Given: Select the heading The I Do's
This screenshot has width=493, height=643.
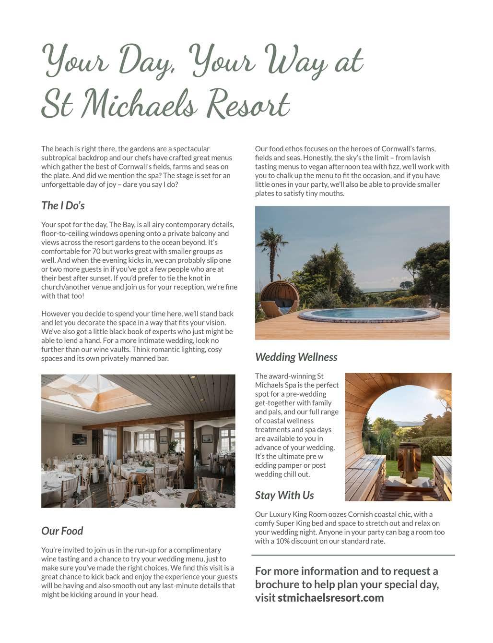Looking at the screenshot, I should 63,206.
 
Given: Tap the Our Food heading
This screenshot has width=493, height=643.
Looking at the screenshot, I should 62,531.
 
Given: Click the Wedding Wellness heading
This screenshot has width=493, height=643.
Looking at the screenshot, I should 296,357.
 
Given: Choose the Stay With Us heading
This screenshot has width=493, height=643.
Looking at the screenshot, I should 284,495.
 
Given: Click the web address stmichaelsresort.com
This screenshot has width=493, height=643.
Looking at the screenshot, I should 330,598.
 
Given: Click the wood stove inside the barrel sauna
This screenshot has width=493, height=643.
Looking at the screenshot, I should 408,461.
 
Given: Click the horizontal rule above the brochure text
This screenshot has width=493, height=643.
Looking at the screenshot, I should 353,555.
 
